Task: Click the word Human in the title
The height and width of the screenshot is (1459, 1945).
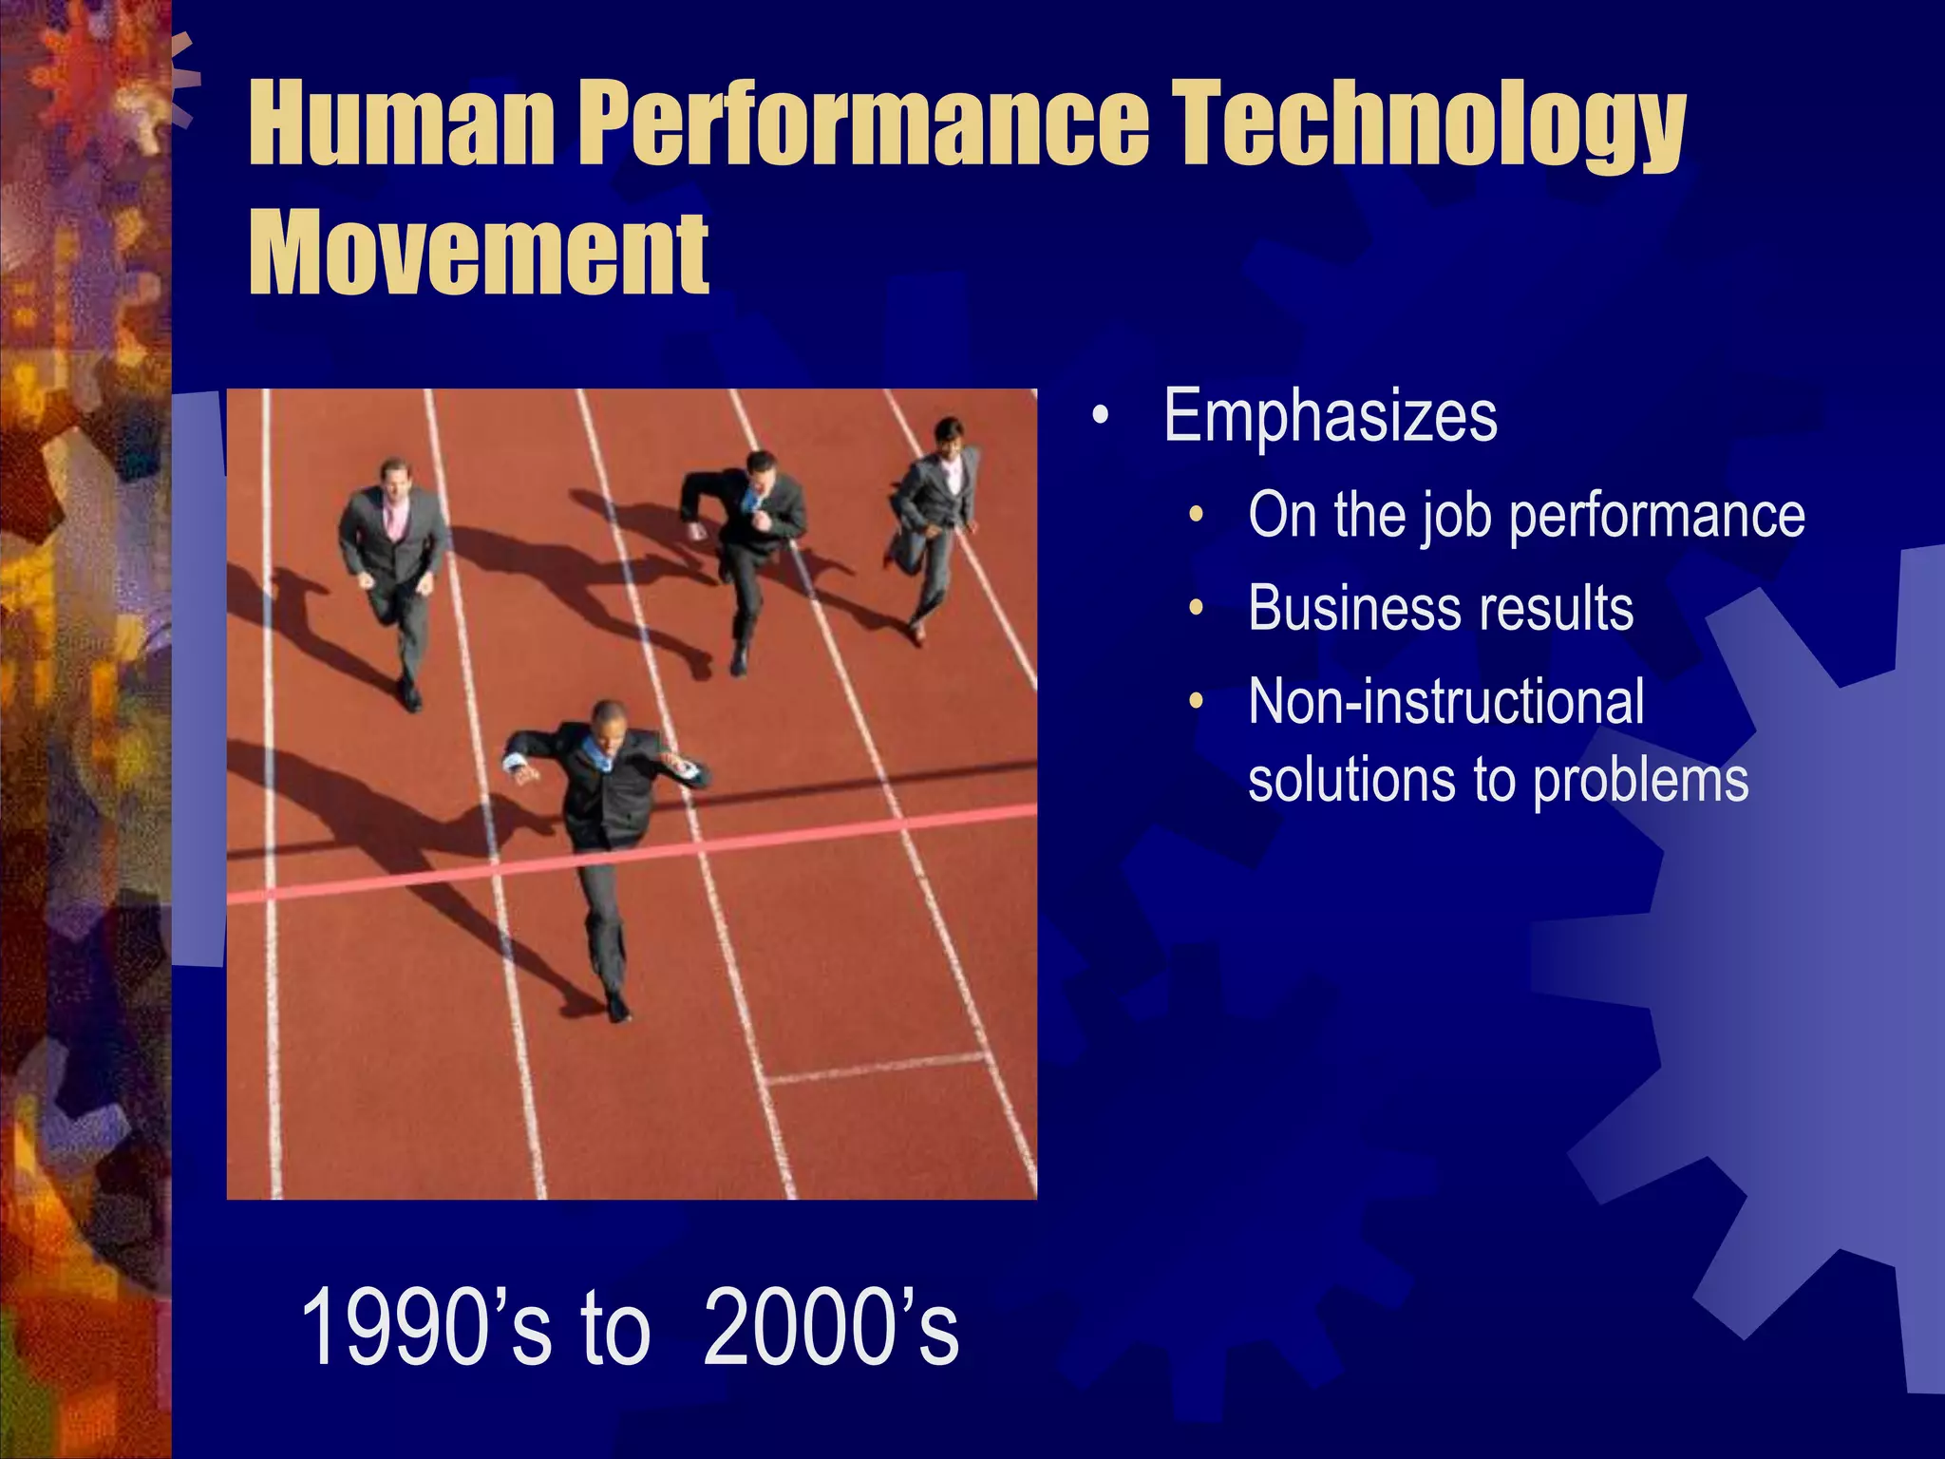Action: [x=399, y=123]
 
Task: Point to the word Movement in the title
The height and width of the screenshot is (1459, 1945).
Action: [x=479, y=252]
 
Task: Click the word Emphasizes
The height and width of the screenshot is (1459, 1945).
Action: [x=1330, y=416]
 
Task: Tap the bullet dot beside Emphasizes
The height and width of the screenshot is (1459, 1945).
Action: [x=1100, y=416]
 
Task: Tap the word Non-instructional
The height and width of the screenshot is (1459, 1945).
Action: [x=1445, y=702]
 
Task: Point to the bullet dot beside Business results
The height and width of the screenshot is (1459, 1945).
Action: [x=1197, y=608]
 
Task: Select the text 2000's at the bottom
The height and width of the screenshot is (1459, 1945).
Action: [x=830, y=1327]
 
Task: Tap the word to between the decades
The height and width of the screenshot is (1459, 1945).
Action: [x=615, y=1327]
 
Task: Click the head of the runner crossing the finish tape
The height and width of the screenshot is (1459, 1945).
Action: [x=608, y=722]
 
